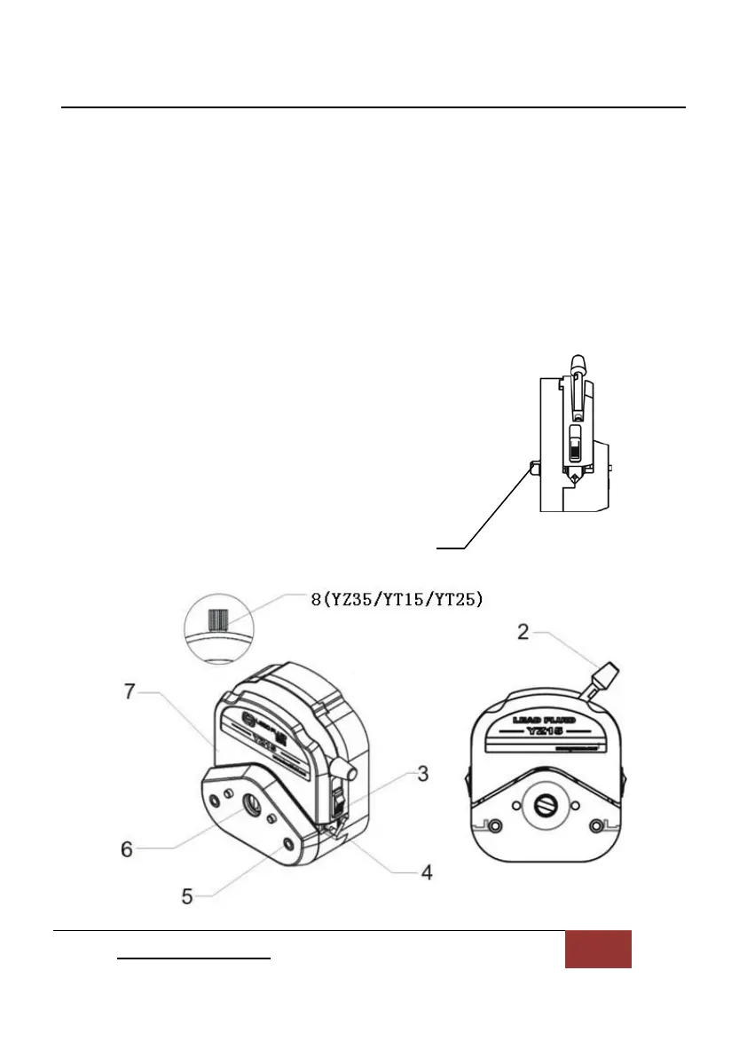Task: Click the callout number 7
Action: tap(130, 691)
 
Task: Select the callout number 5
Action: tap(187, 896)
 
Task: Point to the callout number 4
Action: tap(427, 872)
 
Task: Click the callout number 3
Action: tap(423, 774)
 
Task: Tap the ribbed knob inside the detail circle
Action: tap(218, 619)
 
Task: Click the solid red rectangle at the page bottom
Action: tap(598, 949)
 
